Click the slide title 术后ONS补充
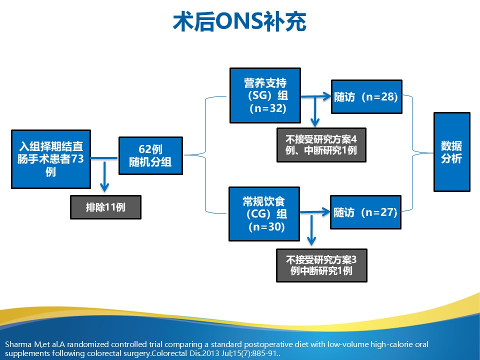click(239, 21)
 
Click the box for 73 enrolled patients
click(51, 159)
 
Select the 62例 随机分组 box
click(150, 155)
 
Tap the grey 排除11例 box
click(105, 207)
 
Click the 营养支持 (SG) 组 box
click(265, 95)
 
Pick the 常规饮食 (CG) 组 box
click(264, 214)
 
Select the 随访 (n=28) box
click(366, 96)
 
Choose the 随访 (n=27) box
click(365, 212)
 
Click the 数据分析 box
click(452, 152)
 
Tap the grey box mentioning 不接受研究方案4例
click(321, 145)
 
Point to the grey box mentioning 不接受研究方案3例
click(321, 265)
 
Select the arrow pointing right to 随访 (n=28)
click(316, 96)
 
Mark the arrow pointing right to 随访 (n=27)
click(315, 212)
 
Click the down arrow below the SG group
click(315, 111)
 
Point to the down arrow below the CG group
click(311, 230)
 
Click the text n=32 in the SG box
click(268, 108)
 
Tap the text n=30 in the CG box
click(267, 227)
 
